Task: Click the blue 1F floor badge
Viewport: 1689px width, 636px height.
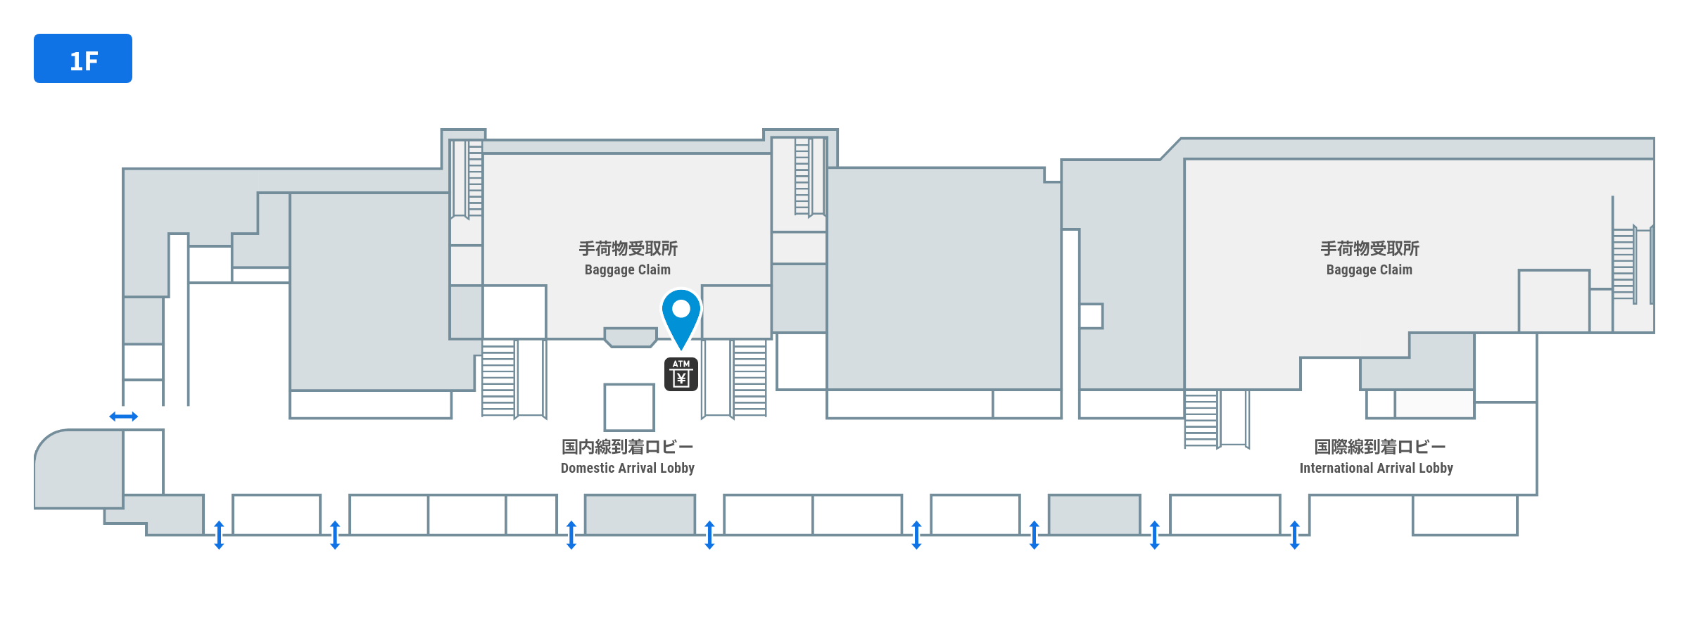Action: tap(83, 58)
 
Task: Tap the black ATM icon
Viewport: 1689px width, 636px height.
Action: tap(681, 374)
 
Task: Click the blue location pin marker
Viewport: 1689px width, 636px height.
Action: tap(681, 319)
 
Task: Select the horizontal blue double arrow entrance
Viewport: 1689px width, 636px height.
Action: tap(124, 416)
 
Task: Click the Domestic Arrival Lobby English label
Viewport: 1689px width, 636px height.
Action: tap(628, 468)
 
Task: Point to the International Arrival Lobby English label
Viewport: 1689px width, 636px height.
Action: tap(1376, 468)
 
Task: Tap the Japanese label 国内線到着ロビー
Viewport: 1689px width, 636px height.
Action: tap(628, 447)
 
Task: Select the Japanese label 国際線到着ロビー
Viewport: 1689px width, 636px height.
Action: tap(1380, 447)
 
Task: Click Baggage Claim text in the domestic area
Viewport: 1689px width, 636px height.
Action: tap(628, 269)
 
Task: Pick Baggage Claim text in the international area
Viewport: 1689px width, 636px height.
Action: tap(1369, 269)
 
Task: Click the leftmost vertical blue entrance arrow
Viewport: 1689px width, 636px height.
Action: tap(219, 535)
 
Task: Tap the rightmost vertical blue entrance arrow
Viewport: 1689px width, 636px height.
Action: tap(1294, 535)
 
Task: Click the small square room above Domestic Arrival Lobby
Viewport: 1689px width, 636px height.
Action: tap(629, 407)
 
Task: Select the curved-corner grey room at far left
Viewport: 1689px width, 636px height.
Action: tap(79, 469)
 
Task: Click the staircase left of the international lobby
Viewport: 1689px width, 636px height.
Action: tap(1201, 419)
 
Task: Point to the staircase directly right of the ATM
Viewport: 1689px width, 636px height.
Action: tap(749, 379)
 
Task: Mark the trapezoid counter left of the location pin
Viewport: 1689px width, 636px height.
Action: tap(631, 337)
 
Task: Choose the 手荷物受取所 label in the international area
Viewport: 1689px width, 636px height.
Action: tap(1369, 248)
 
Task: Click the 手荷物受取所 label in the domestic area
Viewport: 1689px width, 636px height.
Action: tap(628, 248)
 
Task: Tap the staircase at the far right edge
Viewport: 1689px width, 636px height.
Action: tap(1624, 265)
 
